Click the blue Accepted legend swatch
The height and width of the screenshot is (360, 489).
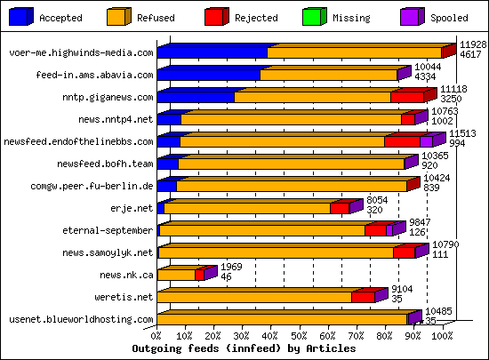pyautogui.click(x=20, y=15)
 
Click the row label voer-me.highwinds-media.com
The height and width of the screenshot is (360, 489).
pyautogui.click(x=81, y=53)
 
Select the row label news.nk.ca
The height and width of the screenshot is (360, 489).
pyautogui.click(x=126, y=276)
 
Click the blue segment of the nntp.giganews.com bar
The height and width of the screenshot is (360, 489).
pyautogui.click(x=196, y=97)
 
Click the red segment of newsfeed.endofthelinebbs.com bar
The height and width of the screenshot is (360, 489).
pyautogui.click(x=402, y=140)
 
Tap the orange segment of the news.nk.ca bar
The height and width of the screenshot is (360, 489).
pyautogui.click(x=176, y=275)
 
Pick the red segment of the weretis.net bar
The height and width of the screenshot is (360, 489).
pyautogui.click(x=363, y=296)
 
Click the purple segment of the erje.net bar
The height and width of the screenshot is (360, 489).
pyautogui.click(x=356, y=207)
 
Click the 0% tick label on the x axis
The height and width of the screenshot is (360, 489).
pyautogui.click(x=157, y=336)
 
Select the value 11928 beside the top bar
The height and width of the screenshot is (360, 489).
pyautogui.click(x=472, y=44)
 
